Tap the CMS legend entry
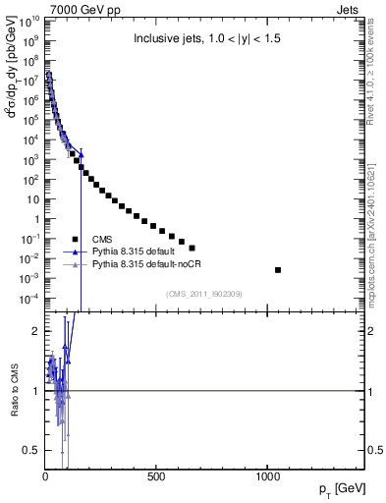102,239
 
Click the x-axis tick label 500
156,476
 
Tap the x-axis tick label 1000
268,476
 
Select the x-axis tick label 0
45,476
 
